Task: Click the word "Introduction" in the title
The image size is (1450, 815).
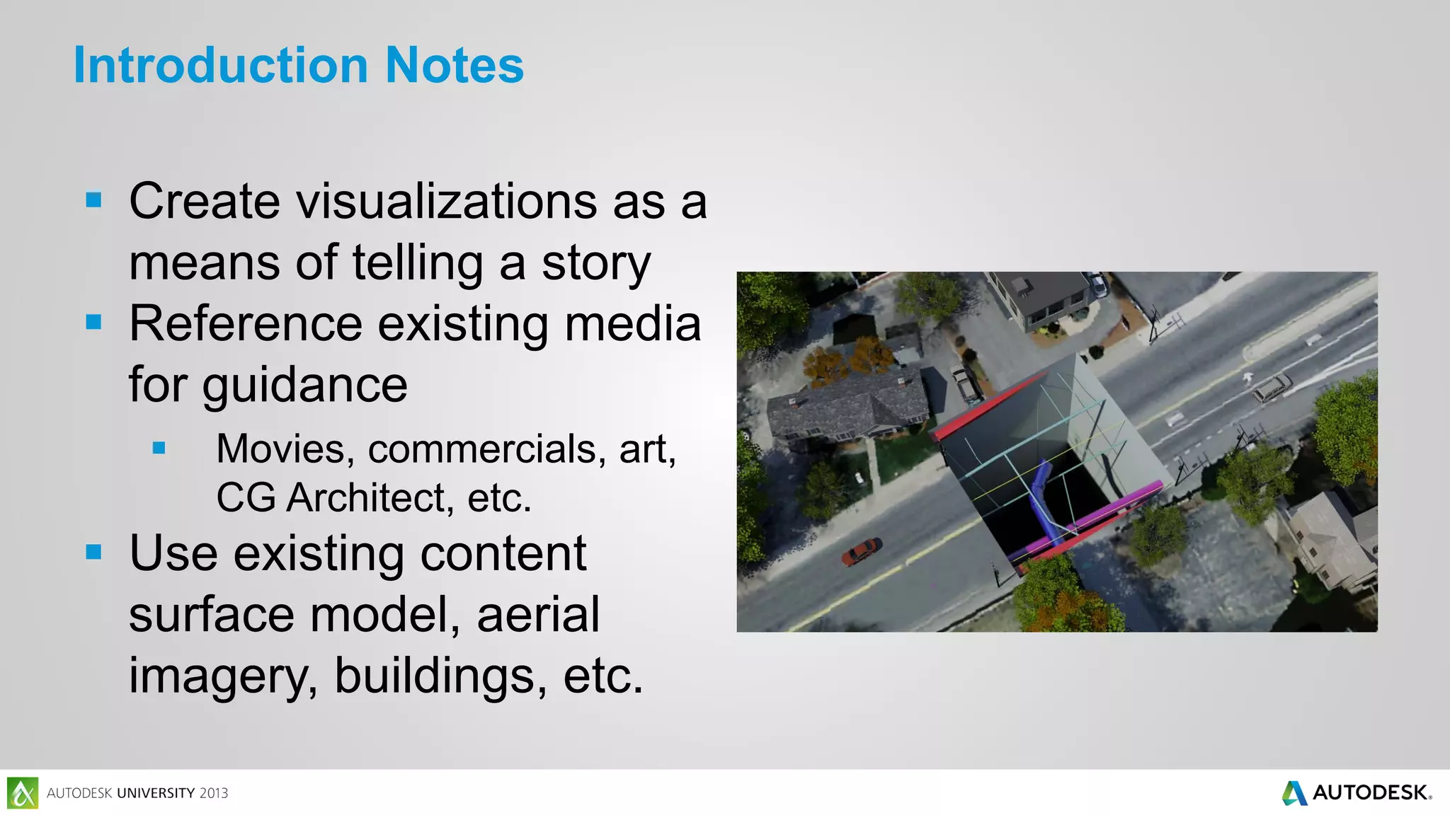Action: (220, 65)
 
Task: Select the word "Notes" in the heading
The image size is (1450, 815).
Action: (454, 65)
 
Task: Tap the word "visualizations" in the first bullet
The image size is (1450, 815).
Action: (447, 202)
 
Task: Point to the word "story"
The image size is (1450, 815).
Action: (595, 263)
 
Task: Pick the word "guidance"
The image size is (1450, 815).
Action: (304, 386)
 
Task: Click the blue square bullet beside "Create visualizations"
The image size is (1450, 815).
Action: (93, 200)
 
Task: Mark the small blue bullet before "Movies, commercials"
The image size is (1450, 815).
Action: (159, 448)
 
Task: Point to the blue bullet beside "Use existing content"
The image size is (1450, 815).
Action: (93, 552)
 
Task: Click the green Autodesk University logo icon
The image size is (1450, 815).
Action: (23, 792)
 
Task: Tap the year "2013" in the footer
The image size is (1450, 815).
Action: (214, 793)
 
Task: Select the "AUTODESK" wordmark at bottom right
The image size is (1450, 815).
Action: (1370, 792)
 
